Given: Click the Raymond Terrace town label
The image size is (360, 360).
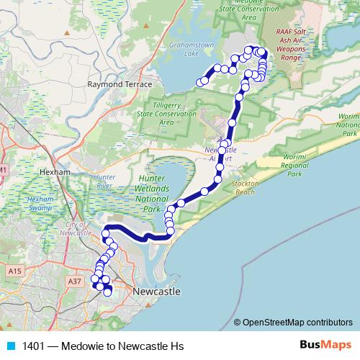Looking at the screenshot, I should [120, 84].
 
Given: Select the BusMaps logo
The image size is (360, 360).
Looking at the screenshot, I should [325, 346].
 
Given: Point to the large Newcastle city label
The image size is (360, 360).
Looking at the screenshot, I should [157, 291].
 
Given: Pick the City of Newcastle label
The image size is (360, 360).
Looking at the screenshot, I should [77, 230].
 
